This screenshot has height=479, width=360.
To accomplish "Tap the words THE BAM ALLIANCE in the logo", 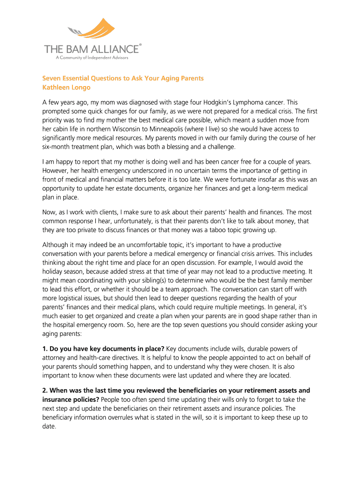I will tap(91, 49).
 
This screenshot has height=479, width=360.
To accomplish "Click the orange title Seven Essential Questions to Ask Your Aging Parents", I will tap(123, 78).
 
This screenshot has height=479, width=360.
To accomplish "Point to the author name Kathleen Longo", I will tap(66, 87).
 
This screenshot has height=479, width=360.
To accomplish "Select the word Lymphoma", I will tap(243, 102).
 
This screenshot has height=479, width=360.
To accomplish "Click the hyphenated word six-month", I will tap(58, 146).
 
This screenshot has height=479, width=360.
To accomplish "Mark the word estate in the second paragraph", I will tap(124, 189).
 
